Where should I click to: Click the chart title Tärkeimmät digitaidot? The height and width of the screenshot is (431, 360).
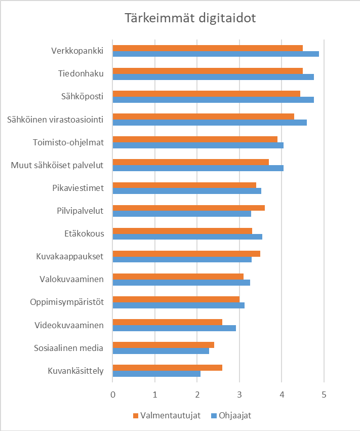[x=190, y=18]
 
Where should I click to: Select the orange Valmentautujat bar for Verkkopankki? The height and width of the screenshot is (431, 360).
[x=208, y=48]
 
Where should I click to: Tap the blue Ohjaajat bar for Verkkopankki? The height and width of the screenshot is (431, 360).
[x=216, y=54]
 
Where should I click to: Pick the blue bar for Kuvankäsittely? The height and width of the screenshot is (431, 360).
[x=156, y=374]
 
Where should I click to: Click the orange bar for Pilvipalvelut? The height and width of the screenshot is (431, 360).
[x=188, y=208]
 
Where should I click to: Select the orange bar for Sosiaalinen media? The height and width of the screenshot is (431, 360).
[x=163, y=345]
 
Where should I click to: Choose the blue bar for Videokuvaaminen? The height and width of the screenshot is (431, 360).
[x=174, y=328]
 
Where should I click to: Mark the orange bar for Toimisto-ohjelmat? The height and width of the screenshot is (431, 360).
[x=195, y=139]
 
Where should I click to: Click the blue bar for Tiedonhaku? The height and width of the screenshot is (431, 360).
[x=213, y=77]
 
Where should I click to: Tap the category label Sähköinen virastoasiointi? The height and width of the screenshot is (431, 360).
[x=56, y=120]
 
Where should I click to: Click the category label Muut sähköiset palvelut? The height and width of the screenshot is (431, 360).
[x=57, y=165]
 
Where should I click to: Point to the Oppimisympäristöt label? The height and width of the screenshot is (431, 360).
[x=67, y=302]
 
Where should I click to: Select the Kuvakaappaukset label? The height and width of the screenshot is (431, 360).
[x=70, y=256]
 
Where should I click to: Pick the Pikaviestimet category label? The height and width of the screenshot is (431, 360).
[x=78, y=188]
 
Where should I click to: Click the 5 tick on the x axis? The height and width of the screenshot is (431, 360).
[x=324, y=394]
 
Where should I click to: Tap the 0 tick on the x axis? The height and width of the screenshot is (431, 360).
[x=113, y=394]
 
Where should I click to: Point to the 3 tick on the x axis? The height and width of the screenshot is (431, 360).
[x=239, y=394]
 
